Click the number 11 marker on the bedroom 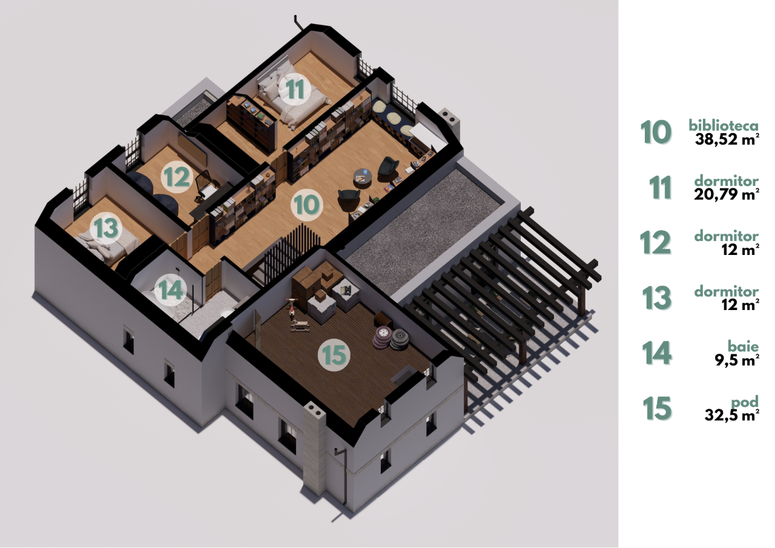click(295, 89)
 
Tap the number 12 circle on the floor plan click(177, 177)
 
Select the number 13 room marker click(106, 228)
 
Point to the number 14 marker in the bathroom click(171, 290)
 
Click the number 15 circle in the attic click(334, 355)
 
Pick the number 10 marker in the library click(306, 205)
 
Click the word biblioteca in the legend click(724, 125)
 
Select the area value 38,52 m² click(727, 139)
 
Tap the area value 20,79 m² click(727, 194)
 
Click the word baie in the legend click(743, 346)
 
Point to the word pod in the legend click(745, 402)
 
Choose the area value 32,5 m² click(732, 415)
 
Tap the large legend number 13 click(657, 298)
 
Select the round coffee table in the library click(362, 178)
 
